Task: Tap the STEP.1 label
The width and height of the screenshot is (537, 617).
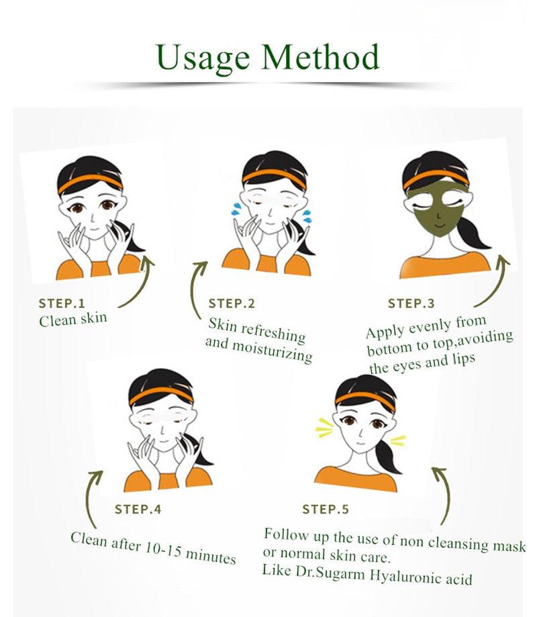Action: tap(62, 303)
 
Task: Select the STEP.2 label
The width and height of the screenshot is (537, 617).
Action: tap(232, 303)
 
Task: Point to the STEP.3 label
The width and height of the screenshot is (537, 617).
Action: tap(411, 303)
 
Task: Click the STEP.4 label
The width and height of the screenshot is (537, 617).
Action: tap(138, 509)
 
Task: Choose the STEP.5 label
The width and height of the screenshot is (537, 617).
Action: tap(325, 510)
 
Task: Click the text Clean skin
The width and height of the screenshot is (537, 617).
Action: tap(72, 319)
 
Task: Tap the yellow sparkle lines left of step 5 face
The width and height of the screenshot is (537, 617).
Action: tap(325, 426)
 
